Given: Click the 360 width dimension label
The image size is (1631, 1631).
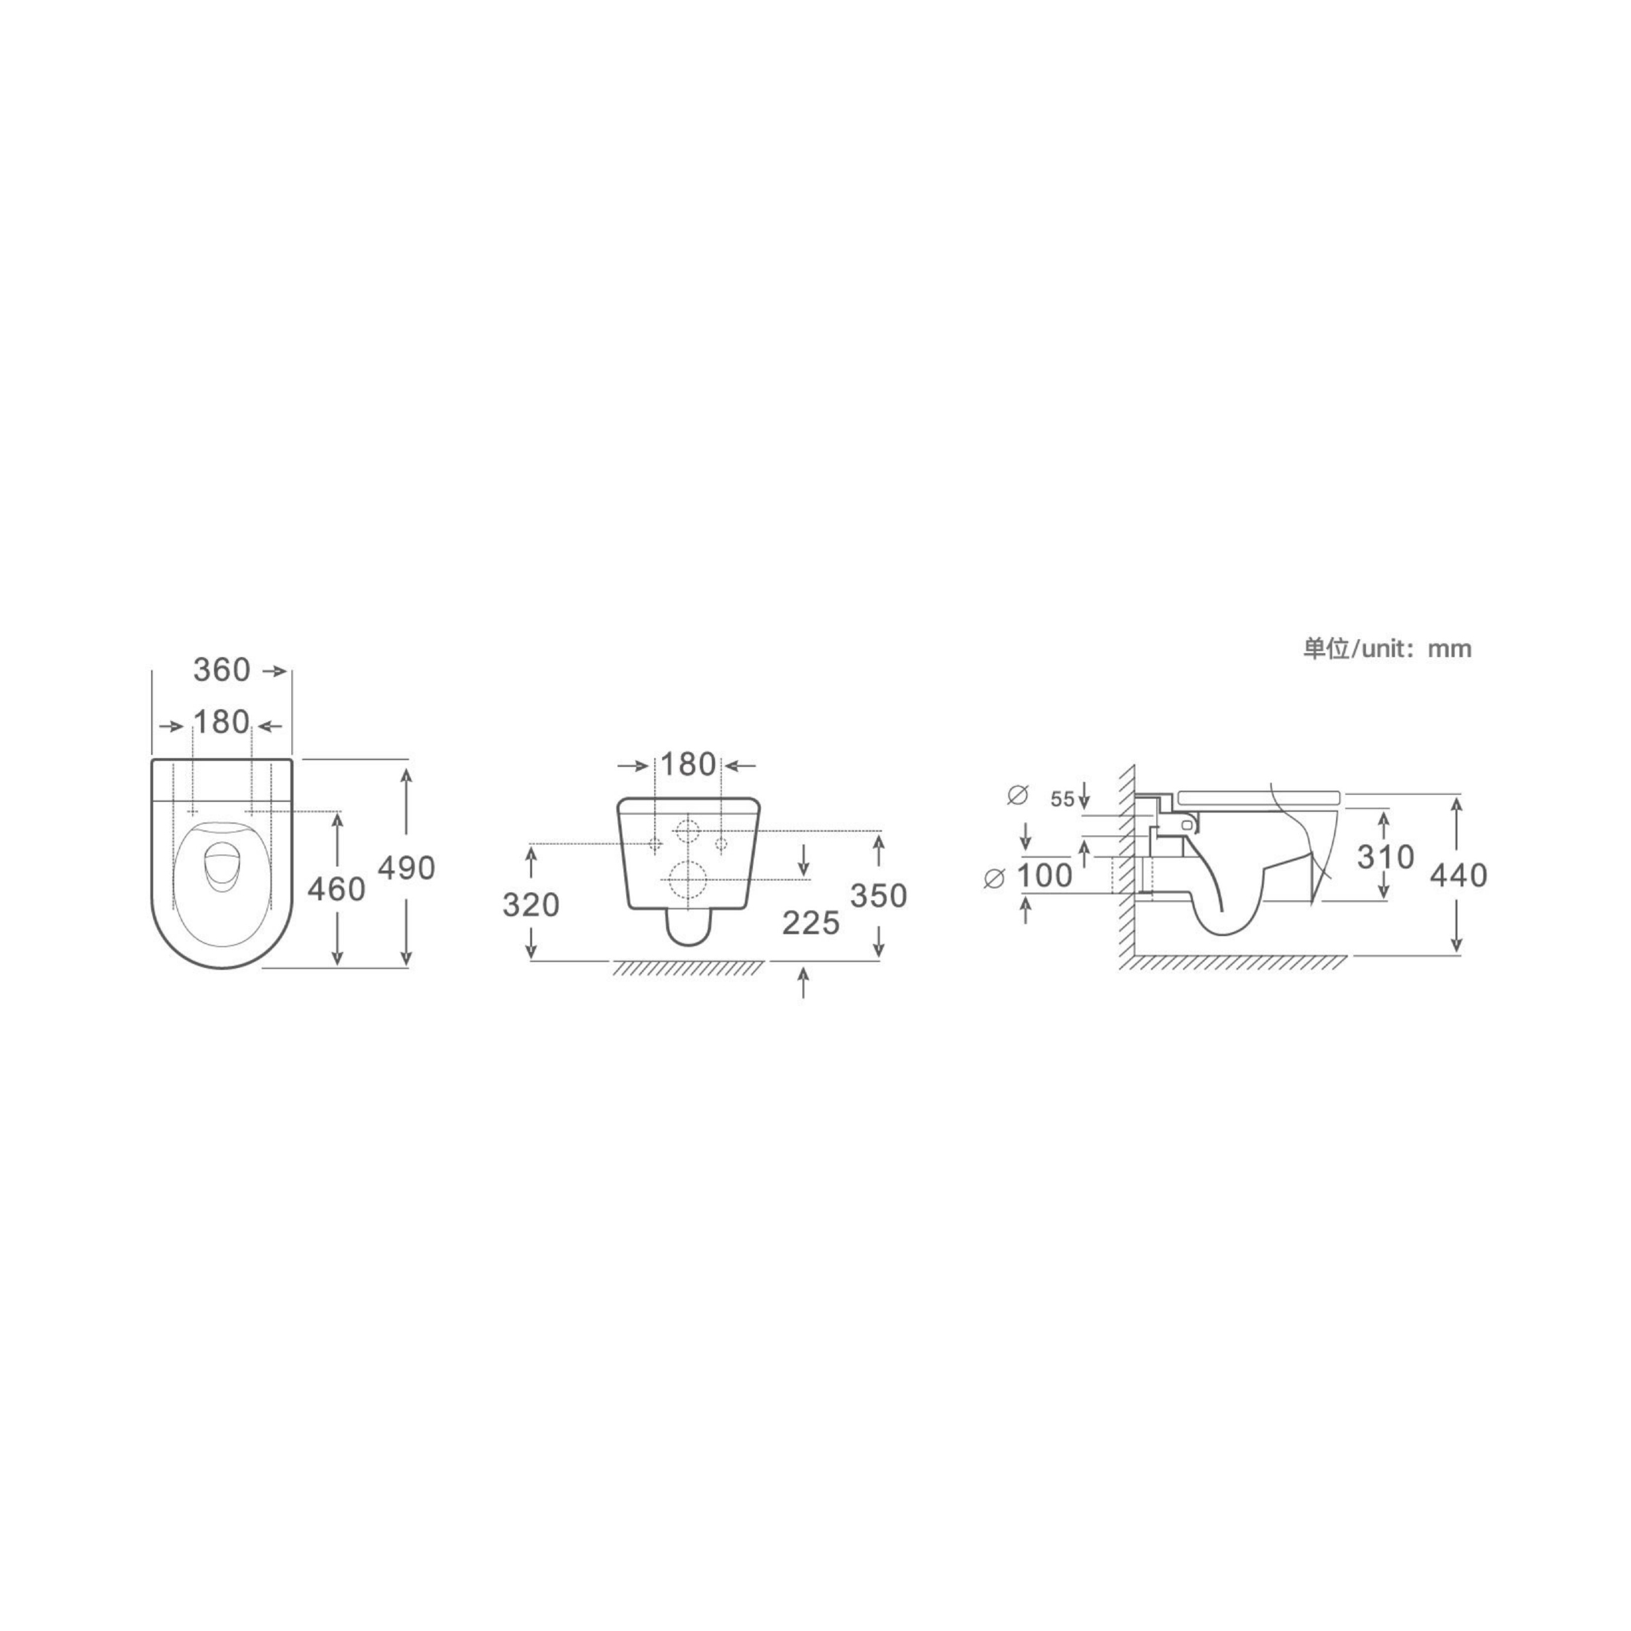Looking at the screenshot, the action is [222, 669].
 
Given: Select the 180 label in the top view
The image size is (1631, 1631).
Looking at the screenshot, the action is [222, 722].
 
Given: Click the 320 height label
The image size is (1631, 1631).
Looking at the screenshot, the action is [531, 905].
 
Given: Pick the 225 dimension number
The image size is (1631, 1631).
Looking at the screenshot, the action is [811, 924].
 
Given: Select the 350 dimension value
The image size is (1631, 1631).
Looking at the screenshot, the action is [879, 896].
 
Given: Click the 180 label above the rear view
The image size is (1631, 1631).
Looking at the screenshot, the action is [688, 764].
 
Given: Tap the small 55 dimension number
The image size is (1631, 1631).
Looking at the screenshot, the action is [1063, 799].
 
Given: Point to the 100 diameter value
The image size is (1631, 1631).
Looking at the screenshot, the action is [1044, 876].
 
